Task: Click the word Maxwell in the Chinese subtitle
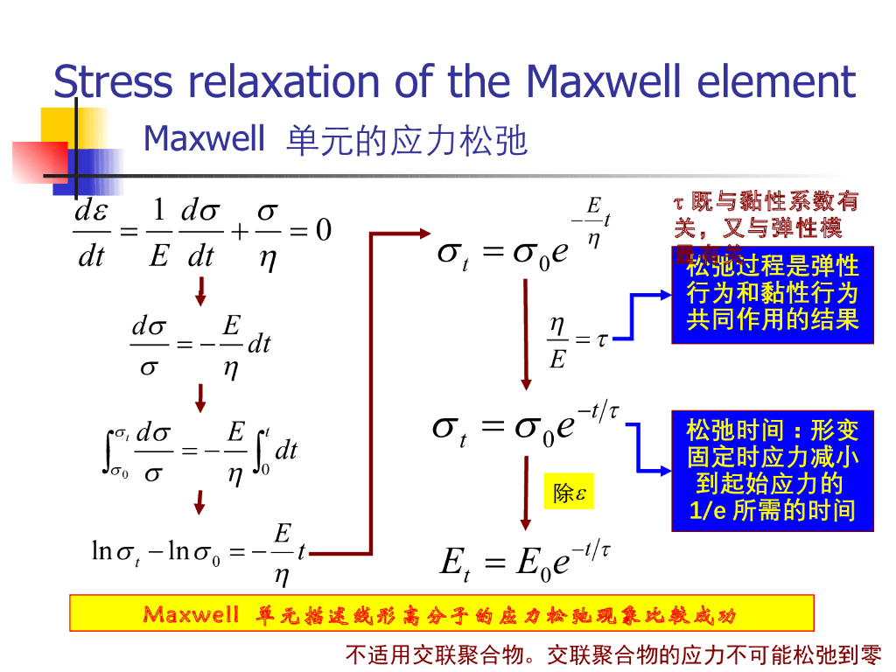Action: tap(204, 138)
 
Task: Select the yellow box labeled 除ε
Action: tap(568, 493)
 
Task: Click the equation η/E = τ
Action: tap(577, 341)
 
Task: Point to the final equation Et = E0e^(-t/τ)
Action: tap(524, 561)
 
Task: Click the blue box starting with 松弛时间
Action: tap(772, 470)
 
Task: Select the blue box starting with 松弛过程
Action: tap(772, 293)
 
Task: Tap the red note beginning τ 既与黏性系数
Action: tap(766, 216)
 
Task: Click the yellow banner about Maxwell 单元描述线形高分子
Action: tap(441, 613)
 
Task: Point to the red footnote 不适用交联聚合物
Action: tap(612, 654)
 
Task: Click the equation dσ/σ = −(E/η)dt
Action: tap(200, 345)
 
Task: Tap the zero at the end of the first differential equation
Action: tap(323, 230)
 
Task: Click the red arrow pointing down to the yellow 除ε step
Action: tap(525, 494)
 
